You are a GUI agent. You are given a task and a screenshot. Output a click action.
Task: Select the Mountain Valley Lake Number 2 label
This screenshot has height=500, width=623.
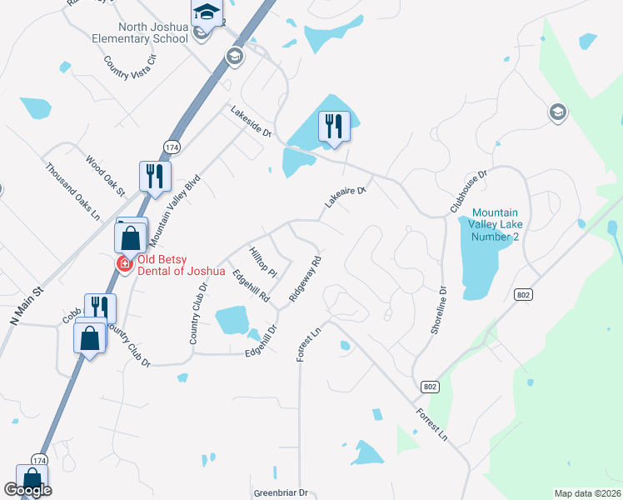(x=501, y=225)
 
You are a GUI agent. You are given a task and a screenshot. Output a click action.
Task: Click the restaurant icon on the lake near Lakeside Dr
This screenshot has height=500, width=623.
(x=333, y=126)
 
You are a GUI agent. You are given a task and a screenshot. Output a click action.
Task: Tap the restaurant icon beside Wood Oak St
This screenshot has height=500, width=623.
(x=155, y=175)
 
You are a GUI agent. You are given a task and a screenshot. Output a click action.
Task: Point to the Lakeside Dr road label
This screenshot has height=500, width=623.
(x=252, y=121)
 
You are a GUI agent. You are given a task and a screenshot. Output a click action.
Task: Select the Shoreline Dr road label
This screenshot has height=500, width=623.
(x=439, y=312)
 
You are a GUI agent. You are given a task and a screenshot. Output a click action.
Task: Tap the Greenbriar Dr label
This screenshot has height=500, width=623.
(x=281, y=492)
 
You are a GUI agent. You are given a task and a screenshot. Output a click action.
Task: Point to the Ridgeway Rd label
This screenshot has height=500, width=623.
(x=305, y=278)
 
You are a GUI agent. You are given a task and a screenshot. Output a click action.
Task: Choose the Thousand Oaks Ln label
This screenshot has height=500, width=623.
(x=73, y=191)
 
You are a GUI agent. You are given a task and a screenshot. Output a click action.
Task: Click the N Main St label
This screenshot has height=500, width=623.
(x=25, y=306)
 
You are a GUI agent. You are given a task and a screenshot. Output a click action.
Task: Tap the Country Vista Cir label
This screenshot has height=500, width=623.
(x=130, y=67)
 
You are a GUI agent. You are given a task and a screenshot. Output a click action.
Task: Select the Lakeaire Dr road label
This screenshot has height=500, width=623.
(x=345, y=197)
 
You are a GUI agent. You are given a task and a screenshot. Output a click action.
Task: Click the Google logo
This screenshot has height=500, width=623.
(x=27, y=490)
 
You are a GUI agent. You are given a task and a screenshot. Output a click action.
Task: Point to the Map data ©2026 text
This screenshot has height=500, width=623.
(x=587, y=493)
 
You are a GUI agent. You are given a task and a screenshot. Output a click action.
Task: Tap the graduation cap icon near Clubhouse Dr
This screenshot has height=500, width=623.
(x=556, y=112)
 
